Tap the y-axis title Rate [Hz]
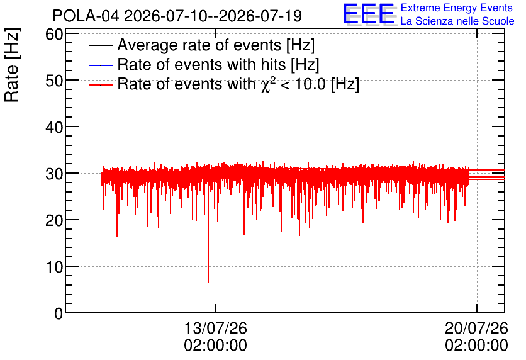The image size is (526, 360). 12,65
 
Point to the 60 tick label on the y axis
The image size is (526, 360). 54,34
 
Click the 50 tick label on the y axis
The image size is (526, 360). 54,81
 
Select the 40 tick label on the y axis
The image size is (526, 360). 54,127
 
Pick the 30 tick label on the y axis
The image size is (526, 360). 54,174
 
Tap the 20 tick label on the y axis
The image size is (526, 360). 54,220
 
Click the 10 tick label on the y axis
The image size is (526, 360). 54,267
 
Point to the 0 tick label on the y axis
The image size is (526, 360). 59,313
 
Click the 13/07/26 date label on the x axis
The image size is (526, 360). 215,328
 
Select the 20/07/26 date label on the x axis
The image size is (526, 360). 476,328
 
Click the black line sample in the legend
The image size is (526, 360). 100,45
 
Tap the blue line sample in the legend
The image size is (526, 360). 100,65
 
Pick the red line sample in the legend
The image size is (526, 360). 100,84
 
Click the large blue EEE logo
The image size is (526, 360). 368,14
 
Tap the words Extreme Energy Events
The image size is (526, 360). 457,8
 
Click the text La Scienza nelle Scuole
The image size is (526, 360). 457,21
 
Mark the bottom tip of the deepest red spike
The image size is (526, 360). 208,282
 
